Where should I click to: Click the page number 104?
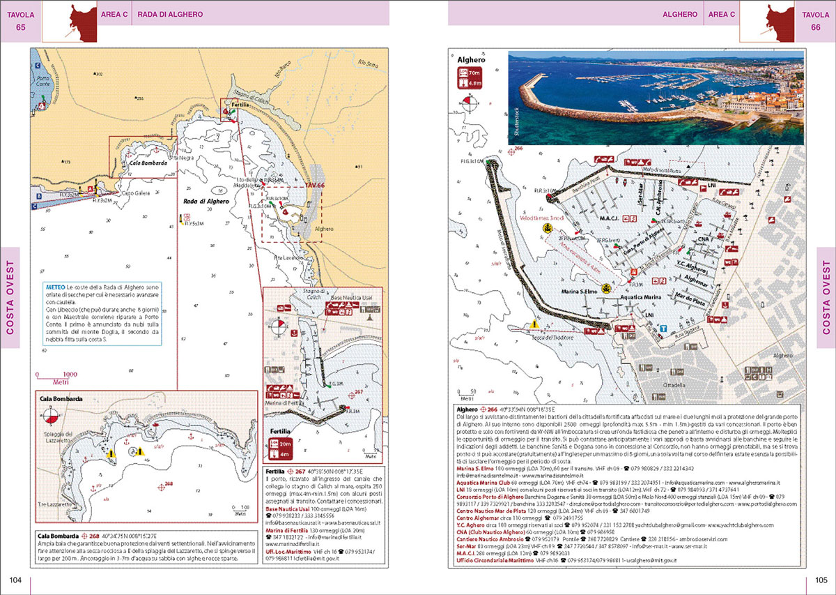15,580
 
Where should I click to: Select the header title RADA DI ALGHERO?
169,15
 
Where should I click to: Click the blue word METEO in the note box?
56,287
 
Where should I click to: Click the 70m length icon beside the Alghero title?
472,73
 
